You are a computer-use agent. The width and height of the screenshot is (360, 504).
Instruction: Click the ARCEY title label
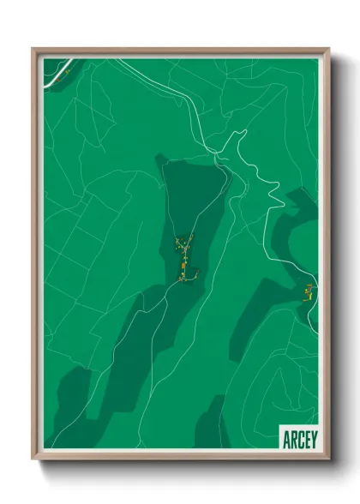[297, 439]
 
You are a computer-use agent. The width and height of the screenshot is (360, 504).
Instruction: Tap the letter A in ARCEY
[285, 439]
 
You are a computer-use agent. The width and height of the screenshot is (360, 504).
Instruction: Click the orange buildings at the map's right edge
[307, 292]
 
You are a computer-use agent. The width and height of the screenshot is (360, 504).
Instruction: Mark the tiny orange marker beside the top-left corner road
[64, 74]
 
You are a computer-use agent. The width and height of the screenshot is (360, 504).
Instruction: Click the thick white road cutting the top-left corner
[54, 73]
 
